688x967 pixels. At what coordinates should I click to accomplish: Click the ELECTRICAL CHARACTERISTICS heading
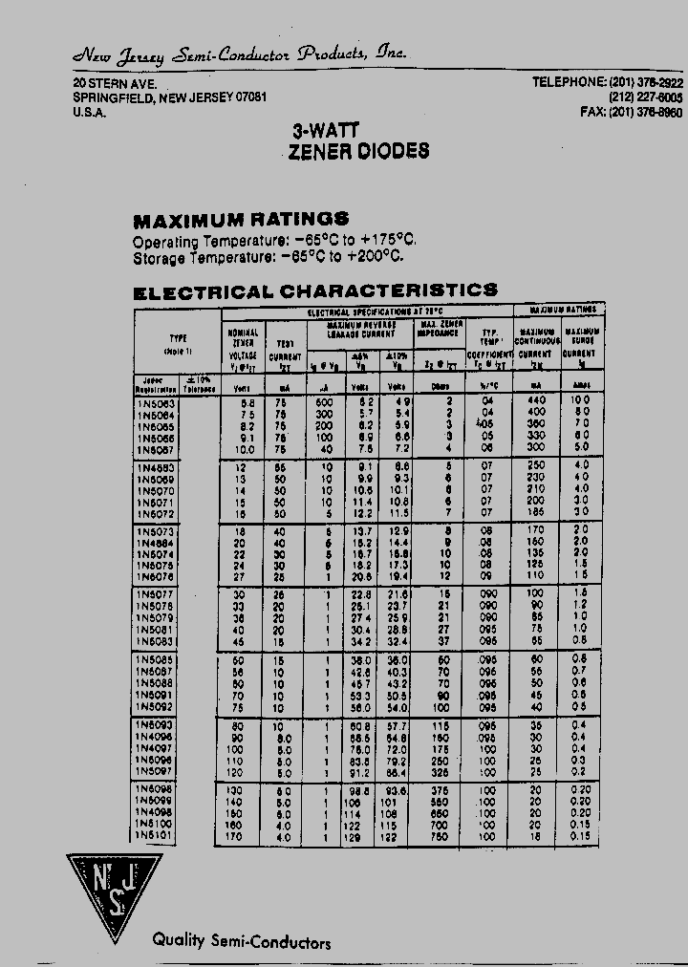pyautogui.click(x=315, y=290)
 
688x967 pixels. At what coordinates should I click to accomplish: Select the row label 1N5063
pyautogui.click(x=157, y=402)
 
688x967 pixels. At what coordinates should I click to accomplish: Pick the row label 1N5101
pyautogui.click(x=157, y=836)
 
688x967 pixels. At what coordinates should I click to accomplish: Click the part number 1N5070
pyautogui.click(x=157, y=488)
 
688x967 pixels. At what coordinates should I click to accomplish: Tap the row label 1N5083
pyautogui.click(x=157, y=640)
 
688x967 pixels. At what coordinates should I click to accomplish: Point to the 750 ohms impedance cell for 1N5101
pyautogui.click(x=441, y=836)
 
